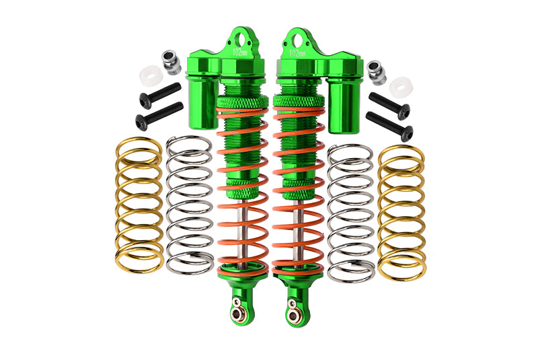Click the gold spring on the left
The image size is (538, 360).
[x=137, y=205]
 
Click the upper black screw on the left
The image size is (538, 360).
[x=160, y=94]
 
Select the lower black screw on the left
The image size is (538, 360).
[x=159, y=115]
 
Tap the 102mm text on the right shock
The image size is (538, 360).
[x=296, y=52]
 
